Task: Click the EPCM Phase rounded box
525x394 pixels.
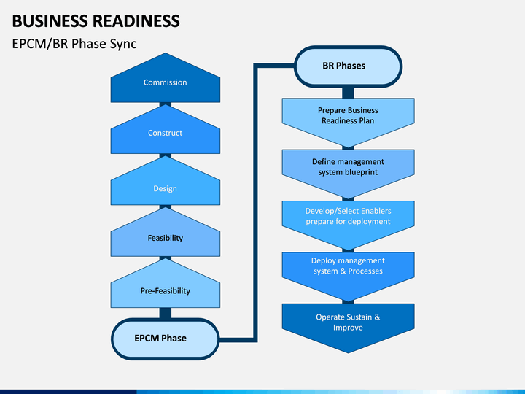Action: pyautogui.click(x=166, y=339)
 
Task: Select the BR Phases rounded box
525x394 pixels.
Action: pyautogui.click(x=348, y=66)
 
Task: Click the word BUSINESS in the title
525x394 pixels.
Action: pyautogui.click(x=50, y=20)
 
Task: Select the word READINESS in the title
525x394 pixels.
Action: pyautogui.click(x=136, y=20)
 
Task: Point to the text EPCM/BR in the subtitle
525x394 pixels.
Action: pyautogui.click(x=40, y=44)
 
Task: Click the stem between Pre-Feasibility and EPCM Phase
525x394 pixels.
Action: pyautogui.click(x=166, y=313)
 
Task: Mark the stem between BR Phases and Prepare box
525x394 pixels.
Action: pyautogui.click(x=349, y=93)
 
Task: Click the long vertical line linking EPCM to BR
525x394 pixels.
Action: pyautogui.click(x=255, y=203)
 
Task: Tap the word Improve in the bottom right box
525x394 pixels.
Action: pyautogui.click(x=348, y=328)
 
